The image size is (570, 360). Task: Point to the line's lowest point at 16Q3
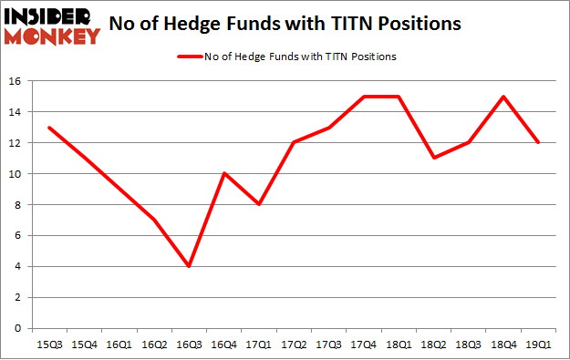pos(189,266)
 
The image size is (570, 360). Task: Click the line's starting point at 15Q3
pos(49,128)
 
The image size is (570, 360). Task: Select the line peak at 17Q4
pos(364,97)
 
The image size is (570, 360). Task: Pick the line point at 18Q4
pos(503,97)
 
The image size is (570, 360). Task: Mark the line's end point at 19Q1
pos(539,143)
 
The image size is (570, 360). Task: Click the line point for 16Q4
pos(224,173)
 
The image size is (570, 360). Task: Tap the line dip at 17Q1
pos(259,204)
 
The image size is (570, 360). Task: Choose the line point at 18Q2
pos(434,159)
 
